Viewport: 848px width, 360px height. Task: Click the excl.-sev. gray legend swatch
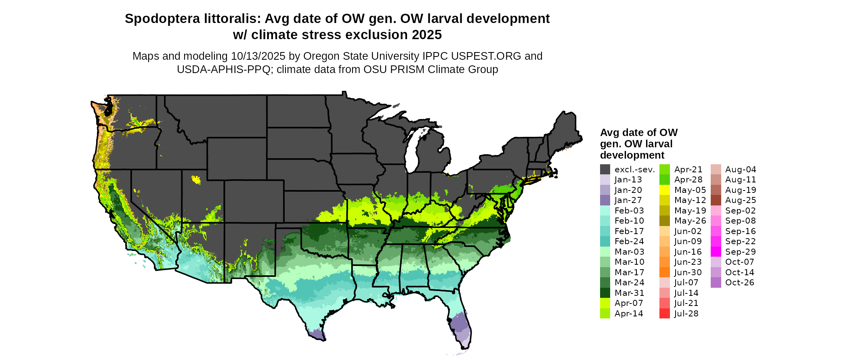[x=605, y=170]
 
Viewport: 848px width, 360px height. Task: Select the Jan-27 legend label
[x=628, y=201]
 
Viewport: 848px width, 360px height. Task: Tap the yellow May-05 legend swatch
[x=664, y=190]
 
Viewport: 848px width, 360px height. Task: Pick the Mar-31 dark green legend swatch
[x=605, y=293]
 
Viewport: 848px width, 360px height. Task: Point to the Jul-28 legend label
[x=686, y=314]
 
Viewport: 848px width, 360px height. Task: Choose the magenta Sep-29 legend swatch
[x=716, y=252]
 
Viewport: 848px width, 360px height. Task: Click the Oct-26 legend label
[x=739, y=283]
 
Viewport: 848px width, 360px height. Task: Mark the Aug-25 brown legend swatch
[x=716, y=201]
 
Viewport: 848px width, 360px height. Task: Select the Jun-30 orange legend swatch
[x=664, y=272]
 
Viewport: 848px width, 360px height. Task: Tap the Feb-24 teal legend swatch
[x=605, y=241]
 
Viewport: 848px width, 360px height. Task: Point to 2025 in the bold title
[x=427, y=35]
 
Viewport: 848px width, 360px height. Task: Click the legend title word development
[x=632, y=155]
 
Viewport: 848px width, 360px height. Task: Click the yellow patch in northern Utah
[x=196, y=179]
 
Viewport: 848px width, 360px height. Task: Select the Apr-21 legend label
[x=688, y=170]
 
